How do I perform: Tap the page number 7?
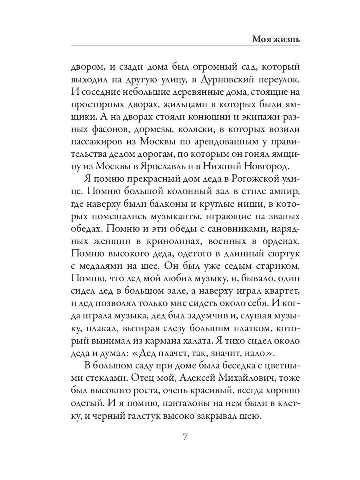point(185,437)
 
